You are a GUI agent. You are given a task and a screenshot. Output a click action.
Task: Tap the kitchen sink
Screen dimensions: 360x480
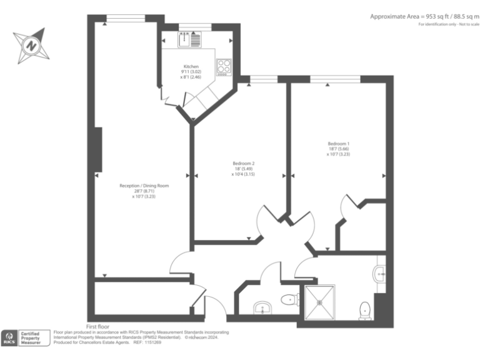(x=185, y=40)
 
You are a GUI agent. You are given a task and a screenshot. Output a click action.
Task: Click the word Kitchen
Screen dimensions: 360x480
(x=191, y=66)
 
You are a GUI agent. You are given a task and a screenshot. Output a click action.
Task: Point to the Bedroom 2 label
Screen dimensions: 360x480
(x=243, y=163)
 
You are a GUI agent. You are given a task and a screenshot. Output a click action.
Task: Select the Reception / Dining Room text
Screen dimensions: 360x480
(x=144, y=186)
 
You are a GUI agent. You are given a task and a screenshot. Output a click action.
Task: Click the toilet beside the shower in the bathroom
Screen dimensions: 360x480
(x=365, y=309)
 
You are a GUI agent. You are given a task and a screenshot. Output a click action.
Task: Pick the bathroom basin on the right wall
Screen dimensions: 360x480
(x=379, y=273)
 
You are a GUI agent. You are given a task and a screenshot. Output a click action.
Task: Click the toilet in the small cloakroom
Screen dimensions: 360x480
(x=288, y=300)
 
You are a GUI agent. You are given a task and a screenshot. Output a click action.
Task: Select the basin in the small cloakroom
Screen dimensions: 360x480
(x=262, y=307)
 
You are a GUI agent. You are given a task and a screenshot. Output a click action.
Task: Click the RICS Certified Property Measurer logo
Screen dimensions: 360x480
(x=23, y=337)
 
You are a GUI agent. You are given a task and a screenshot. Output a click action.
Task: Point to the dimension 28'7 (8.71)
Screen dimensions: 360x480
(x=144, y=191)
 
